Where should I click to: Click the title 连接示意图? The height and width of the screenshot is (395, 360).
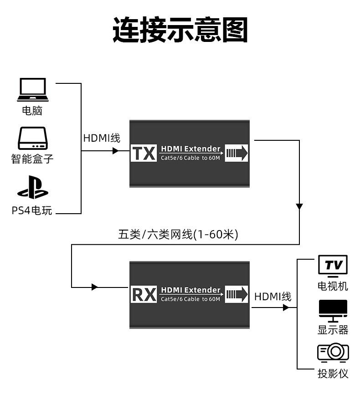180,30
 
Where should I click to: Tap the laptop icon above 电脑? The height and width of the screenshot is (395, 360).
32,89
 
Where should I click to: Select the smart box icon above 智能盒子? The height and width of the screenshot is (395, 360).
32,139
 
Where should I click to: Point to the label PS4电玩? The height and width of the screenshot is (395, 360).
32,210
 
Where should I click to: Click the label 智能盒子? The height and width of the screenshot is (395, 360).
32,159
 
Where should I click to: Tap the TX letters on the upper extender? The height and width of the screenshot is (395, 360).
144,154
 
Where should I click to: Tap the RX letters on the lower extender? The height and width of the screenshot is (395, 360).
144,295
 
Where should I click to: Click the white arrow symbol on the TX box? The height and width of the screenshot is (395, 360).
237,153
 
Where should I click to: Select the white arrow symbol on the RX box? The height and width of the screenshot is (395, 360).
237,294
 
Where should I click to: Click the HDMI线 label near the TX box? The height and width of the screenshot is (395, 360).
102,138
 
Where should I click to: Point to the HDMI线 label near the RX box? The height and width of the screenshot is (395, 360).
273,297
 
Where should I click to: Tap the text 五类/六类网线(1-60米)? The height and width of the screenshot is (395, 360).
178,235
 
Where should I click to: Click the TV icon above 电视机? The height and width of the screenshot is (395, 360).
333,266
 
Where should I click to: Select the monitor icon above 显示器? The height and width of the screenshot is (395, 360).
333,311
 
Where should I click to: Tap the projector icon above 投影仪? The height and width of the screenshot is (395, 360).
333,352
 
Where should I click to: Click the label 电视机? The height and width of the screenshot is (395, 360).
333,286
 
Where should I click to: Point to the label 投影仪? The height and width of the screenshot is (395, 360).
333,374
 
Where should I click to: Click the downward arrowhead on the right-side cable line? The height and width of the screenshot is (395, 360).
299,206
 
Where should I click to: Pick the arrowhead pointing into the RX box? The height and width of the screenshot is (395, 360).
94,287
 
